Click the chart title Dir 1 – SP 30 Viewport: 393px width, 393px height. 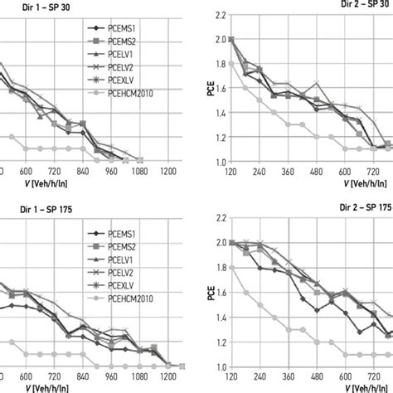pos(30,5)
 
